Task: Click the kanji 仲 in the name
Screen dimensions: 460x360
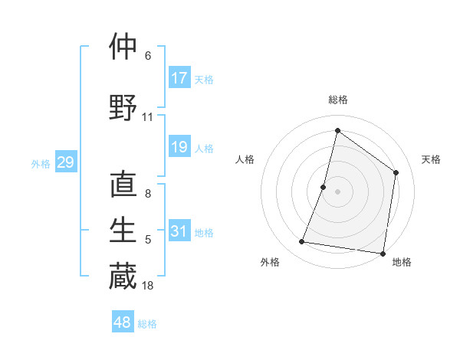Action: tap(123, 47)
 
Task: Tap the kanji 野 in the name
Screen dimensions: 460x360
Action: tap(123, 108)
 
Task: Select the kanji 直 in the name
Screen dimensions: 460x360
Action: tap(123, 186)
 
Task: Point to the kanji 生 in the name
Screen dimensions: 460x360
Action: tap(123, 231)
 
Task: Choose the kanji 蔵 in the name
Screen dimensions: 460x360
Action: tap(123, 277)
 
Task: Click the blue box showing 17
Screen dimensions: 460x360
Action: tap(179, 77)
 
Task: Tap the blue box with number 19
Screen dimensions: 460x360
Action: tap(179, 147)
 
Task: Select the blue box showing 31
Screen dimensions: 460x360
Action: tap(179, 231)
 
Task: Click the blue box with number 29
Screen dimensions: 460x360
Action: tap(65, 162)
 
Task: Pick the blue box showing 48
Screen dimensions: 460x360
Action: tap(123, 322)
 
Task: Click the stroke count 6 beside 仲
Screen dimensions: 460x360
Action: tap(148, 57)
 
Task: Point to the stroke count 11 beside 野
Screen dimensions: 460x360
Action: tap(148, 118)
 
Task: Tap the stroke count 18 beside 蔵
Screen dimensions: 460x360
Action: tap(148, 286)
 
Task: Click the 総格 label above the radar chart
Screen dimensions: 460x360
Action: tap(337, 100)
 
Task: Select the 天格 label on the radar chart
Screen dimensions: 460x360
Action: tap(431, 159)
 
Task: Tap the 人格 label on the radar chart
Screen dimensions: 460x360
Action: tap(245, 159)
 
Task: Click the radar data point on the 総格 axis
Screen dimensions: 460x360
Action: tap(337, 131)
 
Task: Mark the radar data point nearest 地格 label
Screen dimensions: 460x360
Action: tap(382, 253)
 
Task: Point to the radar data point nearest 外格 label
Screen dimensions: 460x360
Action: tap(302, 242)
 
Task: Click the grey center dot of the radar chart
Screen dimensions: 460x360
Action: tap(337, 191)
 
